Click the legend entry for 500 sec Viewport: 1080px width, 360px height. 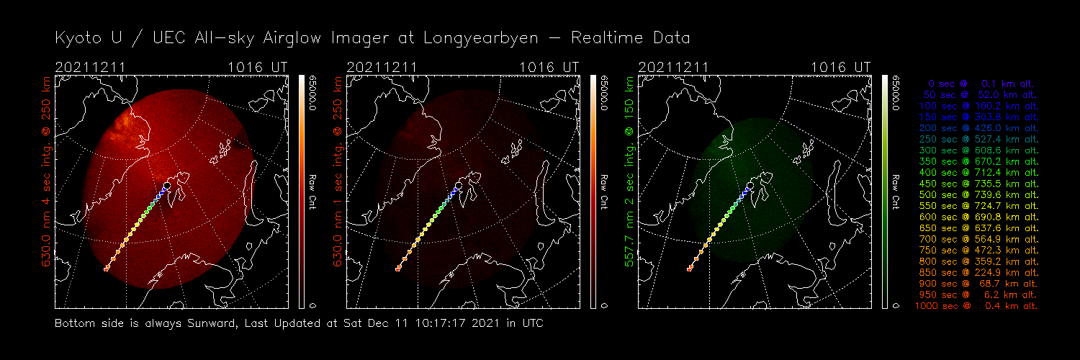tap(976, 194)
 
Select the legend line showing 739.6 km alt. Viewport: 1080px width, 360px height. tap(976, 194)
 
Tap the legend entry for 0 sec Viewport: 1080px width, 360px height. tap(976, 84)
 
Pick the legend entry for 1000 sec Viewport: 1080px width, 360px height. tap(976, 306)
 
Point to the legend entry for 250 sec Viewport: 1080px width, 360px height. tap(976, 139)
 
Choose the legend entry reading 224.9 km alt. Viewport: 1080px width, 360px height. tap(976, 273)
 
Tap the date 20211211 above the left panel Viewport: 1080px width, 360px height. tap(90, 67)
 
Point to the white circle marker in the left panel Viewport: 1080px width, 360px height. tap(167, 186)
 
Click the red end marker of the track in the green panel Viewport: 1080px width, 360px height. tap(689, 269)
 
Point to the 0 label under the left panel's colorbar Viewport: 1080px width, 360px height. tap(312, 305)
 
